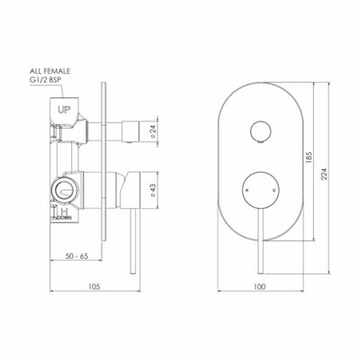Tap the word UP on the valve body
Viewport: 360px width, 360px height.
(x=65, y=109)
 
